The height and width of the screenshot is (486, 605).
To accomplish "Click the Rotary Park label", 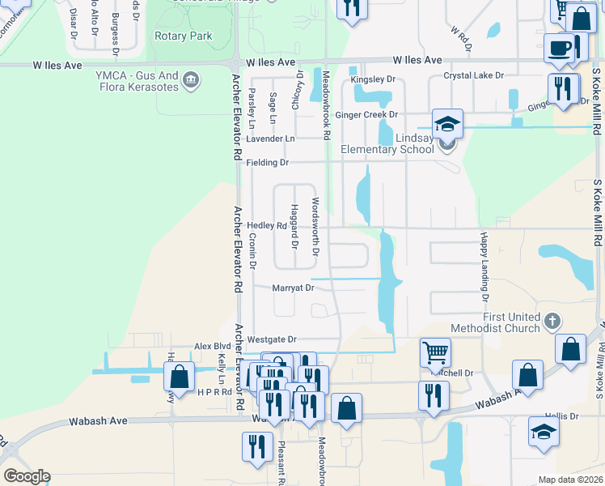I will [184, 36].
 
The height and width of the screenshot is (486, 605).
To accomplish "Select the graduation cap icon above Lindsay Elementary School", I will [447, 124].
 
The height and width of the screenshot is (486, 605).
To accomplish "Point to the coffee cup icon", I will [560, 49].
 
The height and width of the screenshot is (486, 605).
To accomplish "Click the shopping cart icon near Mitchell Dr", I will [435, 352].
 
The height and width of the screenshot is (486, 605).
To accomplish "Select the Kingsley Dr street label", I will [374, 79].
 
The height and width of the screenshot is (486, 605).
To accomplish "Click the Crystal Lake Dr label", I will [473, 75].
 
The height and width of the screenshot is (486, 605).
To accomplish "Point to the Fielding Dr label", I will [267, 163].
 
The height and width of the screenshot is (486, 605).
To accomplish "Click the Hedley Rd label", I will [266, 226].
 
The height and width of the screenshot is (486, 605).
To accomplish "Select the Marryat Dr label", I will [292, 288].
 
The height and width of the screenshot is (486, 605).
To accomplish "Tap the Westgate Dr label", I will [272, 339].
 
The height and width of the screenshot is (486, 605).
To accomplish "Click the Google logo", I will [27, 476].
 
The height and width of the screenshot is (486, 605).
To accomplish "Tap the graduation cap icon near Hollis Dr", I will [544, 432].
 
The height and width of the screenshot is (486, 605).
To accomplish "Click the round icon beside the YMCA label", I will [191, 79].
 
